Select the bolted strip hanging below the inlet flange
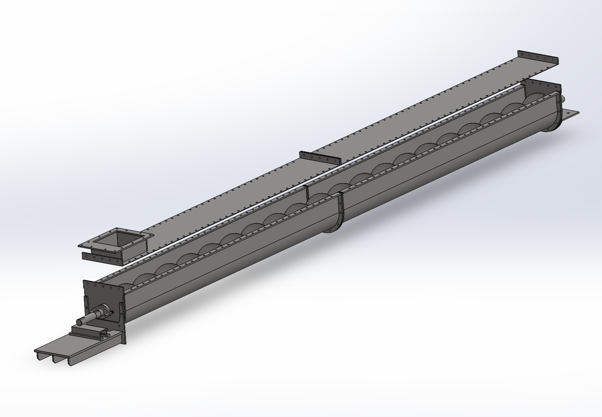102,259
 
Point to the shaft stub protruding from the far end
563,98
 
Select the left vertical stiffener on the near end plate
87,305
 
